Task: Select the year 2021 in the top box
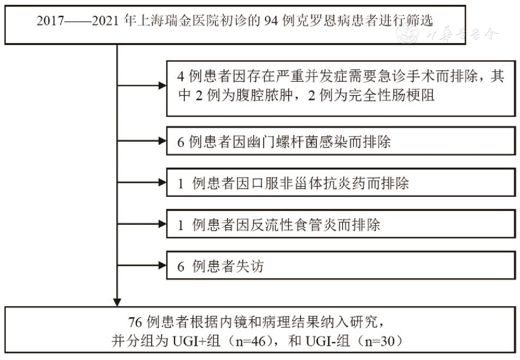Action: tap(105, 21)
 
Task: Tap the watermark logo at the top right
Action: tap(408, 34)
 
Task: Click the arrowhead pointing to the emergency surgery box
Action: tap(162, 86)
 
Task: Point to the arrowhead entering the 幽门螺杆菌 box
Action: tap(162, 141)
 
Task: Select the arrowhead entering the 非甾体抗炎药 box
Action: tap(162, 182)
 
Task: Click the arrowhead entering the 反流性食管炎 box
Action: tap(162, 224)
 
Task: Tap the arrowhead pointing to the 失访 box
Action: tap(162, 265)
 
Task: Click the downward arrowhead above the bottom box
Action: tap(117, 302)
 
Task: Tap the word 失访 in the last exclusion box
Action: tap(249, 266)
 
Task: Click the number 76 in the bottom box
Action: tap(135, 322)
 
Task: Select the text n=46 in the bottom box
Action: tap(253, 341)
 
